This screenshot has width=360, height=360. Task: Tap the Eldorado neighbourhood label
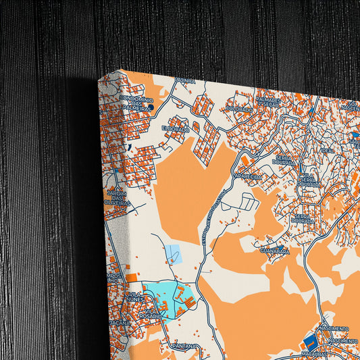point(174,127)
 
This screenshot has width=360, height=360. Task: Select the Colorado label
point(239,108)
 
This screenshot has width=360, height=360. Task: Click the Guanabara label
point(274,251)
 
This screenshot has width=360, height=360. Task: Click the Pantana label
point(184,346)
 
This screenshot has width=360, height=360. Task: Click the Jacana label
point(119,324)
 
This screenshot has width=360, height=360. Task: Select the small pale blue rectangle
point(174,253)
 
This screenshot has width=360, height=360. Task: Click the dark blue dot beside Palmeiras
point(152,106)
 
